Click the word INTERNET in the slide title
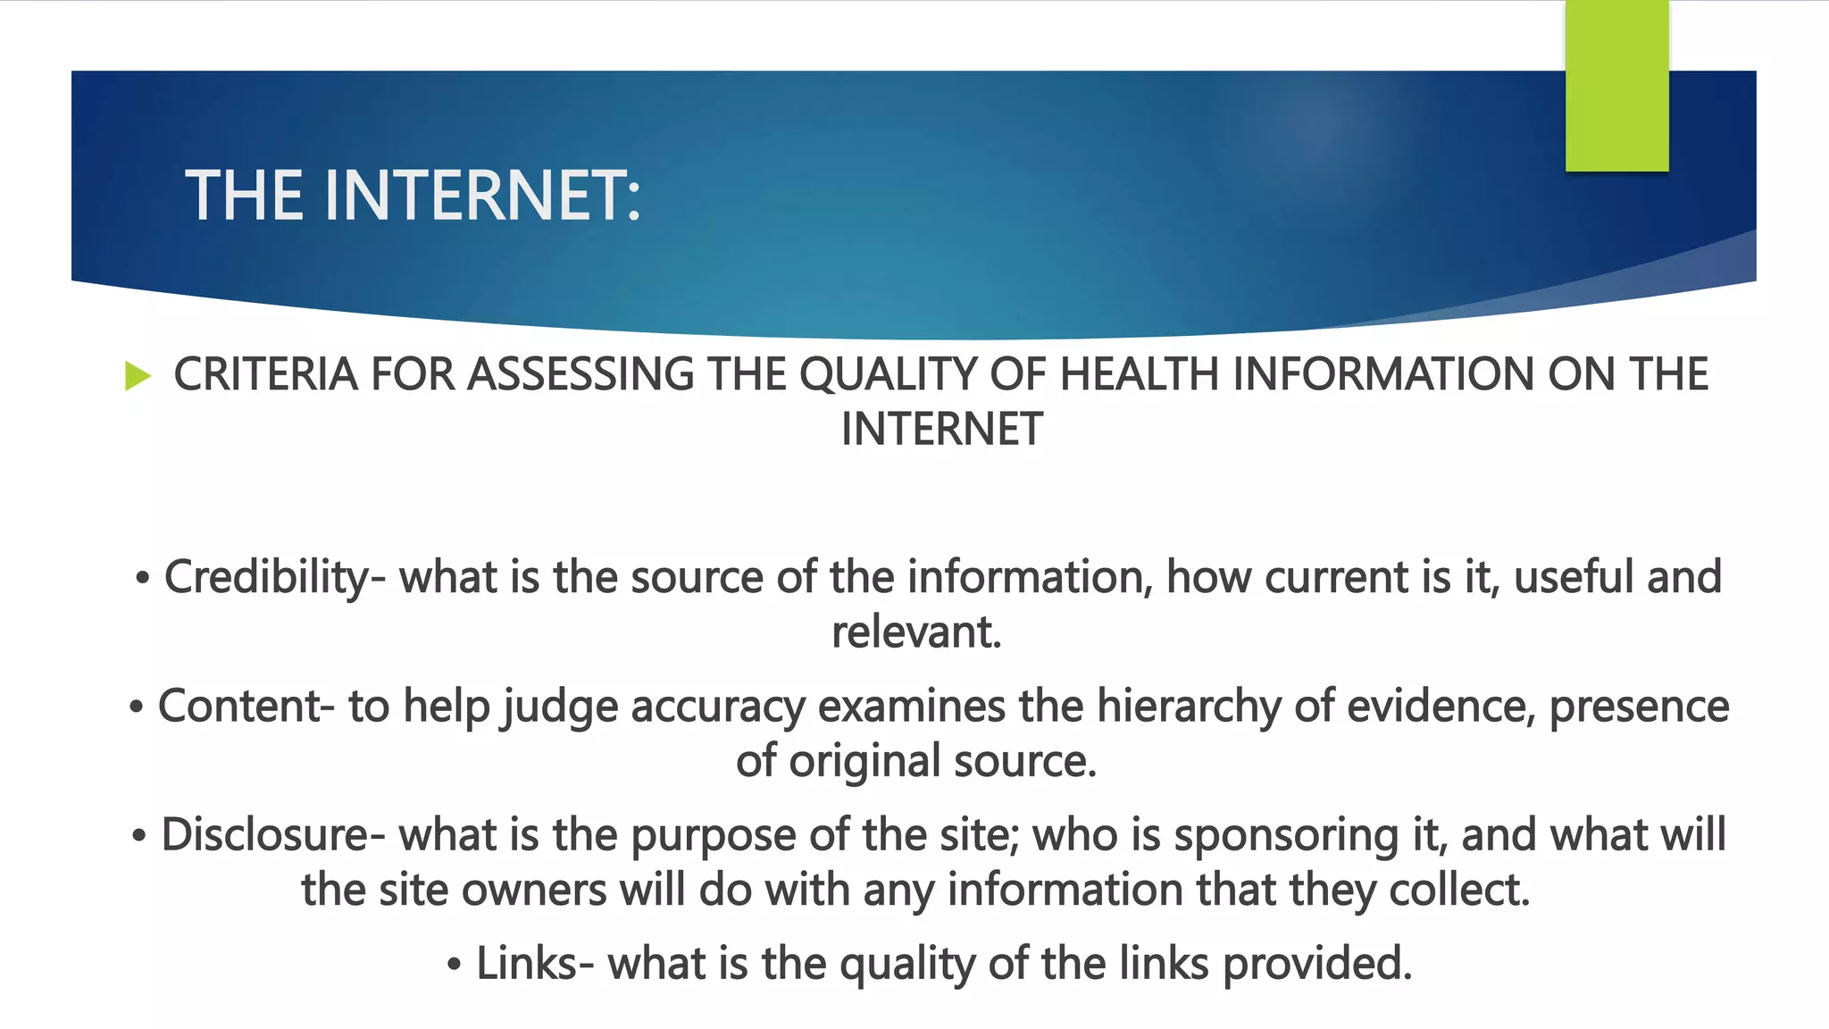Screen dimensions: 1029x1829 pos(482,197)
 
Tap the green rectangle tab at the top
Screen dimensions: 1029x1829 pos(1616,86)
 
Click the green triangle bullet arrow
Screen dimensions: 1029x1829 pos(138,375)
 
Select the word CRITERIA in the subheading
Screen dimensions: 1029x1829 pos(265,374)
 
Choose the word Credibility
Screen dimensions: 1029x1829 pos(266,578)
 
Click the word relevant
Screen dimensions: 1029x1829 pos(916,632)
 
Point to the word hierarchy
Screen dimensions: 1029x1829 pos(1189,707)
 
